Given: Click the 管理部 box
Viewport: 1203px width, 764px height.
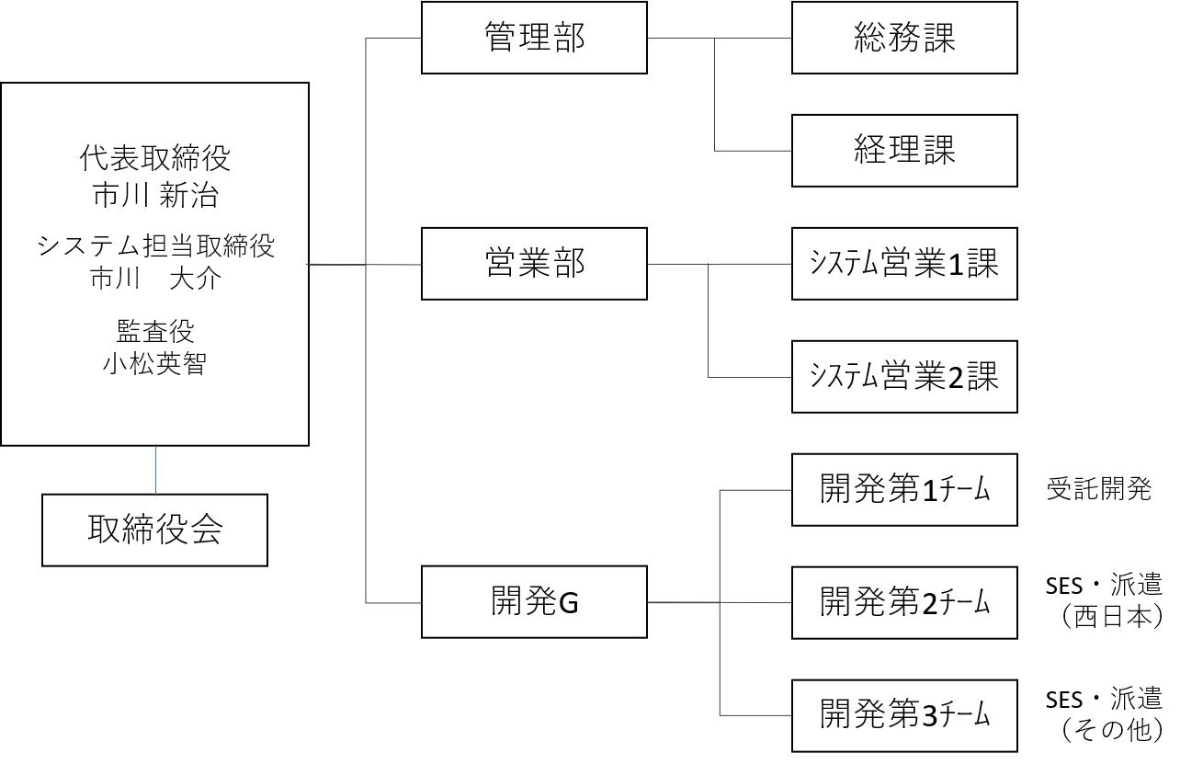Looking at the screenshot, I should click(534, 38).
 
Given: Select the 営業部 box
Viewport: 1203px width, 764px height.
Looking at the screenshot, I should click(534, 264).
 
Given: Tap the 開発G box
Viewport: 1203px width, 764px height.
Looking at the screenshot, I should click(534, 602).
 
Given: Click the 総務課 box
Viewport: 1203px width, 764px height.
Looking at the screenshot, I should click(904, 38).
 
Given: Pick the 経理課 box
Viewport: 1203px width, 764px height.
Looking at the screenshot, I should click(904, 151).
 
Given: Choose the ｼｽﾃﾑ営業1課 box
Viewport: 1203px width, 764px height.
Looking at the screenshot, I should click(904, 264).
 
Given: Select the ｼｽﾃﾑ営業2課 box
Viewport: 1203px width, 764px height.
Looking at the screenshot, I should click(904, 377).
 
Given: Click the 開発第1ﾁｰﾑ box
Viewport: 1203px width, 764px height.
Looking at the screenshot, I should click(904, 490).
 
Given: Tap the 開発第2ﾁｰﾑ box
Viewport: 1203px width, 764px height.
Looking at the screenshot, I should click(904, 602).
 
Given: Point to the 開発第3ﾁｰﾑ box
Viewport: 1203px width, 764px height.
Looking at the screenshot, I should click(904, 715).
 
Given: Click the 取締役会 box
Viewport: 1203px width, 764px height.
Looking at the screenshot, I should click(154, 530).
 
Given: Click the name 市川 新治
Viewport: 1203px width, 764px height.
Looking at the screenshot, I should click(154, 195).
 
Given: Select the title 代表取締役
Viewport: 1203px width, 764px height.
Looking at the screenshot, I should click(154, 159).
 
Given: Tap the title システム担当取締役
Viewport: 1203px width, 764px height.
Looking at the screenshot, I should click(154, 245).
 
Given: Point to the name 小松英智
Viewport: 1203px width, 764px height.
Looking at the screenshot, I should click(154, 363).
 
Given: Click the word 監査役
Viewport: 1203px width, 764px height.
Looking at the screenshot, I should click(154, 330).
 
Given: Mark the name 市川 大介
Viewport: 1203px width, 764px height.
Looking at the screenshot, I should click(154, 279).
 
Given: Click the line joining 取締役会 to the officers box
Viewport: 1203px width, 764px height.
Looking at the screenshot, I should click(155, 470).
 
